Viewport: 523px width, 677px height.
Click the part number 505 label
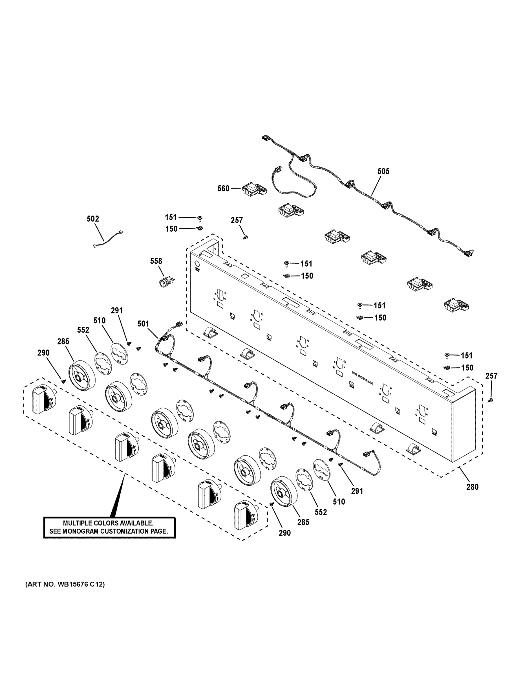pyautogui.click(x=383, y=172)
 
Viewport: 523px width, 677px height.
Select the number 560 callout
pyautogui.click(x=223, y=188)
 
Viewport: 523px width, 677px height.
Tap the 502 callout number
pyautogui.click(x=93, y=219)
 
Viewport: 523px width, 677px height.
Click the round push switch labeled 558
pyautogui.click(x=165, y=282)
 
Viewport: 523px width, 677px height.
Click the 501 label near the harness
pyautogui.click(x=143, y=324)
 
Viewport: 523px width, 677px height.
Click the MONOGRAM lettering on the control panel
pyautogui.click(x=362, y=377)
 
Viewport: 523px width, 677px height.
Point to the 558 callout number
pyautogui.click(x=156, y=261)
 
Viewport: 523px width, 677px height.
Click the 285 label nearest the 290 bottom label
pyautogui.click(x=303, y=522)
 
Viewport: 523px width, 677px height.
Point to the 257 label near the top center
pyautogui.click(x=237, y=220)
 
